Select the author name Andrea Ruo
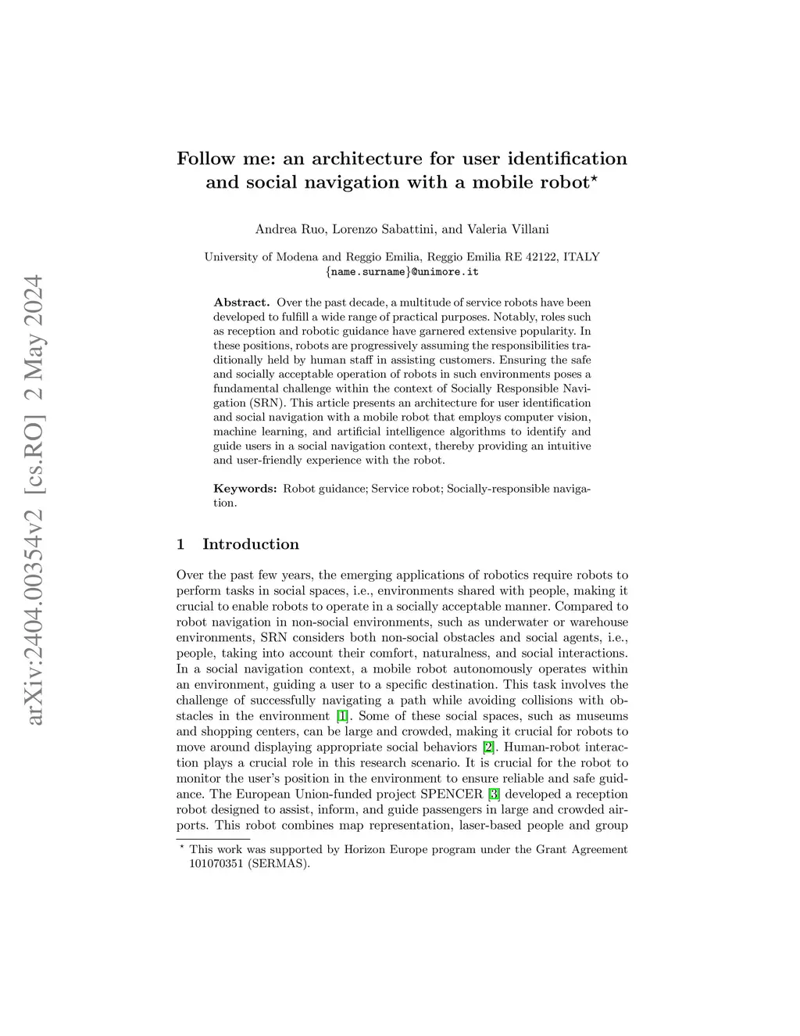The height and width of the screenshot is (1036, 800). point(286,229)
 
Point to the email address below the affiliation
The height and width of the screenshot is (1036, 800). point(402,272)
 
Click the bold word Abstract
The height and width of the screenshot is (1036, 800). point(241,303)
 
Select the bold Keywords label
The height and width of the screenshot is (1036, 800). point(245,489)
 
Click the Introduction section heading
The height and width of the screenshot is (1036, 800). point(250,544)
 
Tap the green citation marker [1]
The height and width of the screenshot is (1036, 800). point(341,716)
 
